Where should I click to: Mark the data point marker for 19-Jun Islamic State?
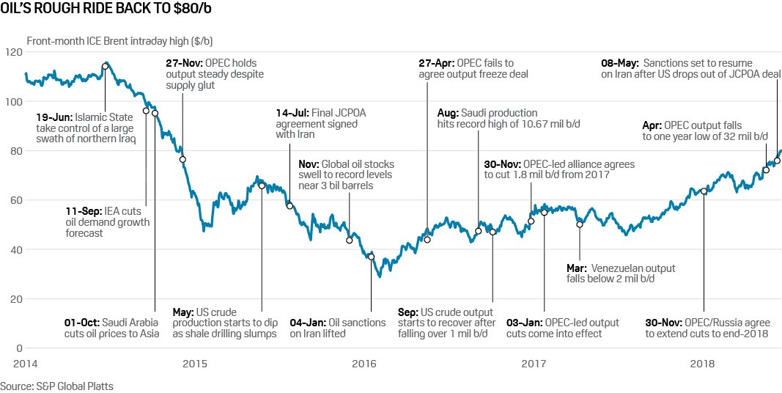tap(105, 66)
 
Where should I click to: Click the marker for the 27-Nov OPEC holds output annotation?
tap(182, 159)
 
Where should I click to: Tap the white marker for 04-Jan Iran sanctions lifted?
tap(371, 257)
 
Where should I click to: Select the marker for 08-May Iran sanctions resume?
tap(777, 161)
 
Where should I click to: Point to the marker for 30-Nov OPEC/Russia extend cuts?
tap(704, 191)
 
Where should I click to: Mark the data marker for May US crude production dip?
tap(262, 186)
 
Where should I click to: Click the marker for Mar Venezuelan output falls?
tap(579, 224)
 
